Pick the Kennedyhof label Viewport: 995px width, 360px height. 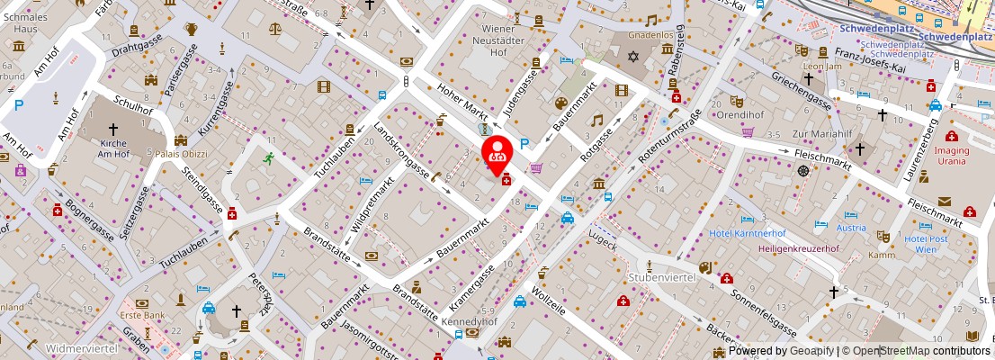coord(470,320)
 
